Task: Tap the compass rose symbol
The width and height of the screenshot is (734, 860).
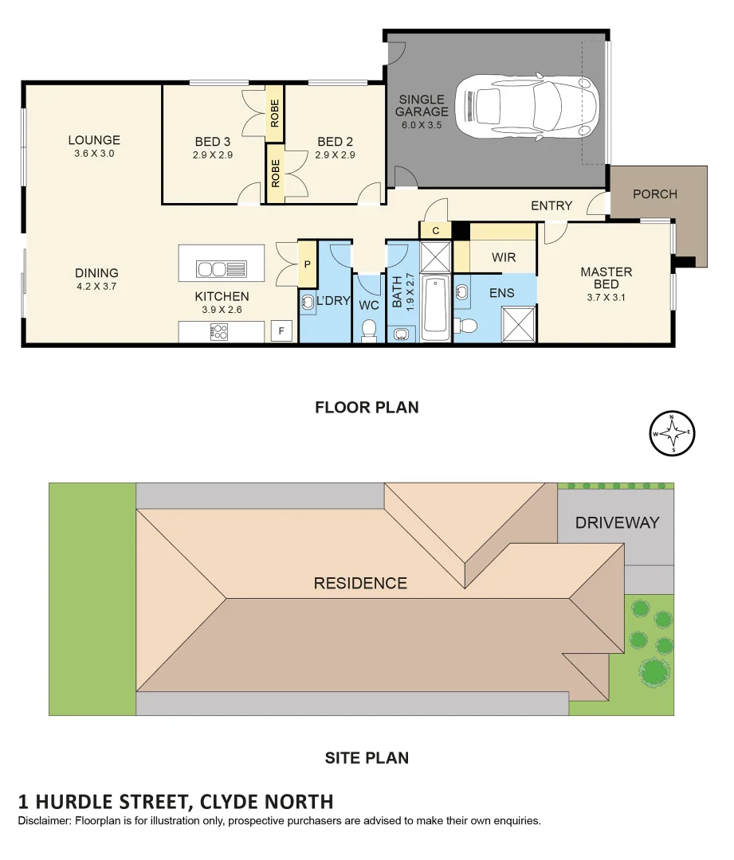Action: click(x=673, y=435)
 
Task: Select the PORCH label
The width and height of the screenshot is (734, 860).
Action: click(x=654, y=193)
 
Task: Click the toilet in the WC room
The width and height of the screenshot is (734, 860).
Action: click(x=369, y=330)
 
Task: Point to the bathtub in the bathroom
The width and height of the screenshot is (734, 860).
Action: click(x=436, y=307)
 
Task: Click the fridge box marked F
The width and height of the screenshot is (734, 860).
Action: click(x=281, y=330)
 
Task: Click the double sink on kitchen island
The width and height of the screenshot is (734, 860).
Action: click(x=222, y=269)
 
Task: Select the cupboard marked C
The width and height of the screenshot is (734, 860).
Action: click(x=435, y=230)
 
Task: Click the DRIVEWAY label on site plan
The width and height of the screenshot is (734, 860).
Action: click(x=617, y=523)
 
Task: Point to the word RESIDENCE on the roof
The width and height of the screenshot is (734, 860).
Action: click(x=360, y=583)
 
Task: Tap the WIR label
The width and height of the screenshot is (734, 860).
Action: click(x=504, y=257)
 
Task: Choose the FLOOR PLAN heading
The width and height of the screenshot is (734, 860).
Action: click(x=367, y=408)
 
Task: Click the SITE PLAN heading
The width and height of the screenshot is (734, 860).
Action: click(x=367, y=758)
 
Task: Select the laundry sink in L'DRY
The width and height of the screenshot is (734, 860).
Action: click(x=308, y=302)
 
